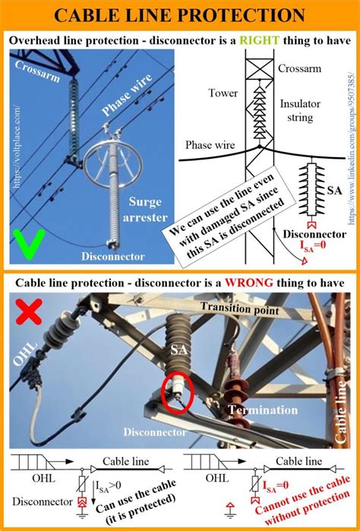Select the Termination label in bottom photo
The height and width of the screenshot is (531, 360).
[x=265, y=410]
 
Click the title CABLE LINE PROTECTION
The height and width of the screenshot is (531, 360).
[x=179, y=14]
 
